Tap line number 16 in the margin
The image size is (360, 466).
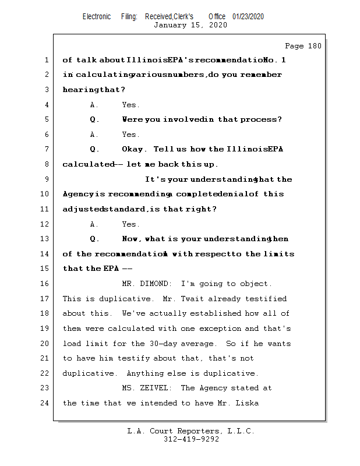click(45, 284)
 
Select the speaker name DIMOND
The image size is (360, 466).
click(154, 284)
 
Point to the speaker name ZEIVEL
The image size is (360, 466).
click(156, 388)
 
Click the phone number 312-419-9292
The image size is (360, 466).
click(191, 439)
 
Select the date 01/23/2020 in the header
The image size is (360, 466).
click(248, 17)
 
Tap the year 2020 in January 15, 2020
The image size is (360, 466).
click(217, 25)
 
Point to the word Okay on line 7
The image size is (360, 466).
click(134, 150)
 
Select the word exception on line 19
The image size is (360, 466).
click(219, 329)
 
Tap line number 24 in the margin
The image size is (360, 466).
click(45, 403)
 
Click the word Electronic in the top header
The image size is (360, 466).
click(97, 17)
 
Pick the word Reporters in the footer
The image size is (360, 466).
click(196, 432)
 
